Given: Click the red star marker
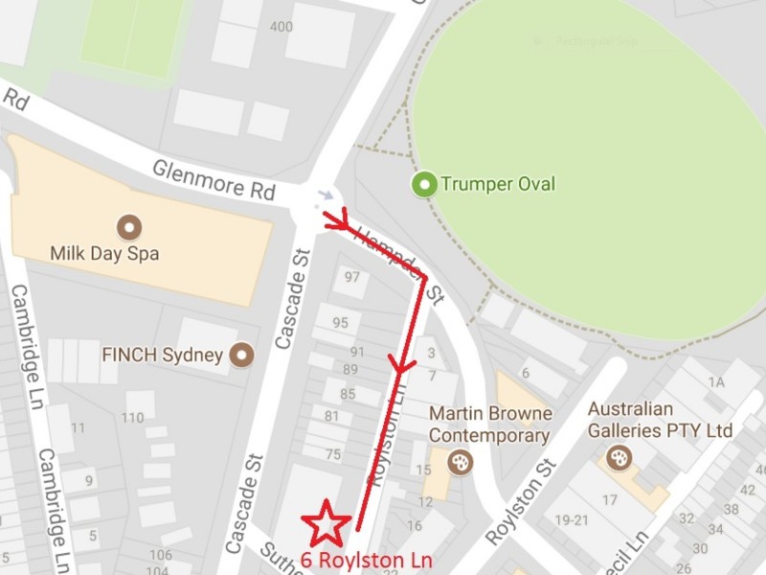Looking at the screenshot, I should click(327, 523).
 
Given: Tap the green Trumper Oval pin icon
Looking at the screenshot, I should click(423, 184).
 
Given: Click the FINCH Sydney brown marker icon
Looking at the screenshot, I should click(243, 355).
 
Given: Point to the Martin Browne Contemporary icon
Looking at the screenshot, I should click(461, 463).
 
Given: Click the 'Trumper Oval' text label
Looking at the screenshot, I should click(497, 184).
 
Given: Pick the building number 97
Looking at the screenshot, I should click(351, 278).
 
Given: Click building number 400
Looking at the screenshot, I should click(282, 27).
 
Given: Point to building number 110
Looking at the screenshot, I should click(132, 417).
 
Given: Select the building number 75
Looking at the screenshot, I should click(333, 454).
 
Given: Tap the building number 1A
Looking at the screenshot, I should click(715, 382).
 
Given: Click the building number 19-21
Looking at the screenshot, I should click(571, 519).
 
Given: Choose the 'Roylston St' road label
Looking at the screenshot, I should click(522, 501).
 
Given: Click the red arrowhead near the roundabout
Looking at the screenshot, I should click(336, 222).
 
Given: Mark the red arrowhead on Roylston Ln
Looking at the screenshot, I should click(399, 363).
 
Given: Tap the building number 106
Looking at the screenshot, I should click(160, 555).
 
